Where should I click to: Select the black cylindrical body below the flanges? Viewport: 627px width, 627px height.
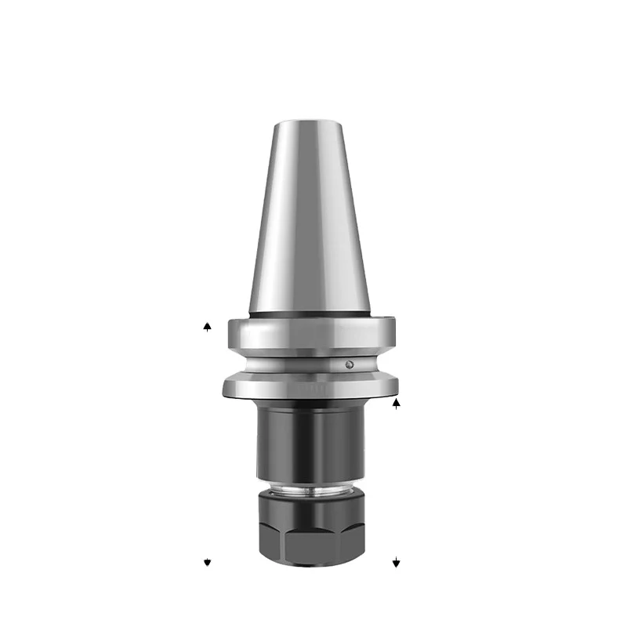click(x=311, y=443)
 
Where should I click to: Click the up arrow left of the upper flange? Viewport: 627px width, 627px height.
click(x=207, y=326)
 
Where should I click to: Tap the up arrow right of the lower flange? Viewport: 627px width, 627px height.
click(x=397, y=404)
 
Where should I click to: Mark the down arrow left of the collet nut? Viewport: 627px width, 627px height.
click(x=207, y=563)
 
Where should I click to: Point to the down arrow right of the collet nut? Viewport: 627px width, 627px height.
click(x=397, y=563)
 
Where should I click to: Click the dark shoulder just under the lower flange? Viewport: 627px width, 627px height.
click(x=311, y=404)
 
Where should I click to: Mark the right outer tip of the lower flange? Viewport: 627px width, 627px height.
click(x=397, y=385)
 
